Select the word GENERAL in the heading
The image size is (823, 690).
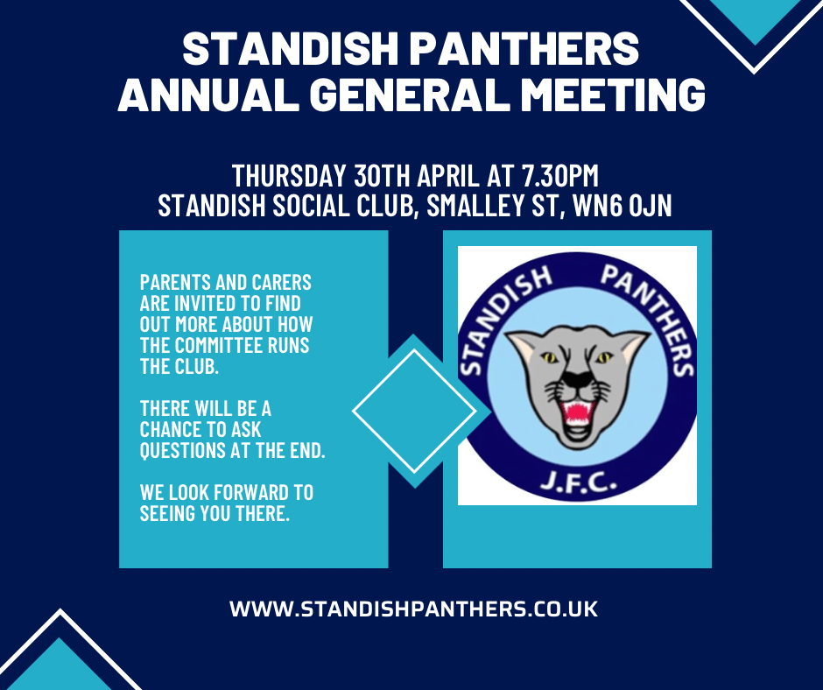tap(414, 95)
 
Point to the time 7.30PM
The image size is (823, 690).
tap(560, 176)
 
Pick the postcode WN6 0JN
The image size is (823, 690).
tap(622, 205)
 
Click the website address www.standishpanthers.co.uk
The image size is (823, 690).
tap(413, 609)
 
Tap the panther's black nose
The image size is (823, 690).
tap(577, 377)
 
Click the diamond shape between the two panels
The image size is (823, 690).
tap(414, 412)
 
